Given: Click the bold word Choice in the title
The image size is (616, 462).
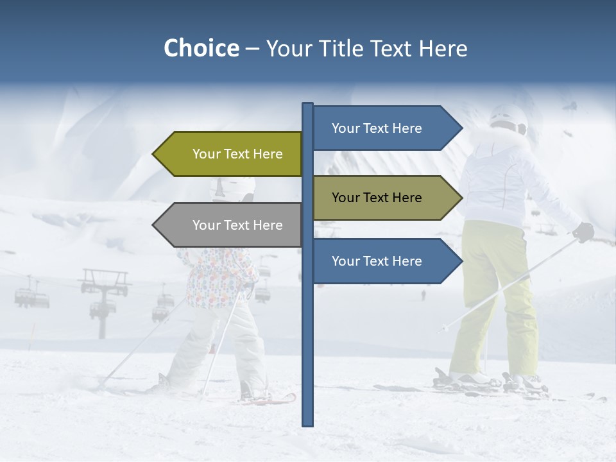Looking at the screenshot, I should click(x=201, y=48).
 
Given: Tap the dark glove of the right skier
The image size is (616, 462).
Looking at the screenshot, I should click(x=583, y=232).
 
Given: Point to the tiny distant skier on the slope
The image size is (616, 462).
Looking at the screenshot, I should click(x=423, y=295).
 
